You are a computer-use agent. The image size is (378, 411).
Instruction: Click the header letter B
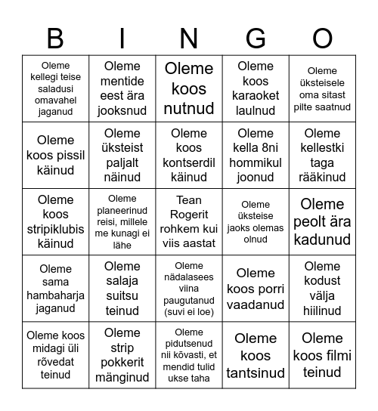coord(55,38)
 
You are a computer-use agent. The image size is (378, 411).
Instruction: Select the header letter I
coord(122,38)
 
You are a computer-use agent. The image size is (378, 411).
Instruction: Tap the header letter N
coord(189,38)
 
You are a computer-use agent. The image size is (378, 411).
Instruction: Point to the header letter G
coord(256,38)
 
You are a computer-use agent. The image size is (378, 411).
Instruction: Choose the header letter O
coord(322,38)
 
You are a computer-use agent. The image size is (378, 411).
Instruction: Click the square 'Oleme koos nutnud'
coord(189,88)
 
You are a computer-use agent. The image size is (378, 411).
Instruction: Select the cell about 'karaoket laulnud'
coord(256,88)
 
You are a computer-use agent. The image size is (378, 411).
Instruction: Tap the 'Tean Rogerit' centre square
coord(189,221)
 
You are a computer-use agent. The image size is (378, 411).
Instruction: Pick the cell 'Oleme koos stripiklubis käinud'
coord(56,221)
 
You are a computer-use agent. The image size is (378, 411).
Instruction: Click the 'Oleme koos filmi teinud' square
coord(322,355)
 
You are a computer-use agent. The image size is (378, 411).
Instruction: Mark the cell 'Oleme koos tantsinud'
coord(256,355)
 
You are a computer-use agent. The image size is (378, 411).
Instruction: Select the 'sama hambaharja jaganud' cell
coord(56,289)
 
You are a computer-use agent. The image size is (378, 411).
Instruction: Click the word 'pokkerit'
coord(122,363)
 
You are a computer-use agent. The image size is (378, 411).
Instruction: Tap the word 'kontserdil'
coord(189,162)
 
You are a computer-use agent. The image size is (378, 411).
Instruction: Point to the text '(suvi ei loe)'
coord(189,311)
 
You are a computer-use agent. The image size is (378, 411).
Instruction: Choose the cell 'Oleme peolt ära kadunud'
coord(322,221)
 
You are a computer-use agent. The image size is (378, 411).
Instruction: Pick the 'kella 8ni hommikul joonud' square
coord(256,155)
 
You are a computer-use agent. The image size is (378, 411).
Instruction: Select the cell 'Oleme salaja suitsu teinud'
coord(122,289)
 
